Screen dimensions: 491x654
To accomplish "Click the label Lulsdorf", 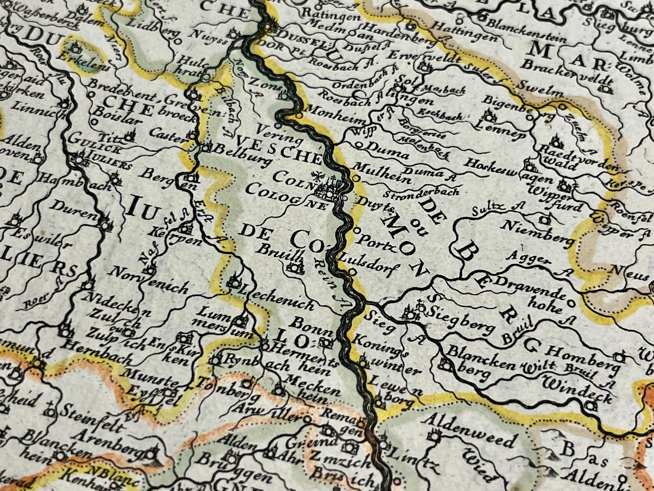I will (x=369, y=266).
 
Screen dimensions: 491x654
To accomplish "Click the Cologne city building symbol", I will (x=328, y=190).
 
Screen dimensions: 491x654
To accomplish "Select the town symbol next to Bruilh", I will (x=295, y=268).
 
